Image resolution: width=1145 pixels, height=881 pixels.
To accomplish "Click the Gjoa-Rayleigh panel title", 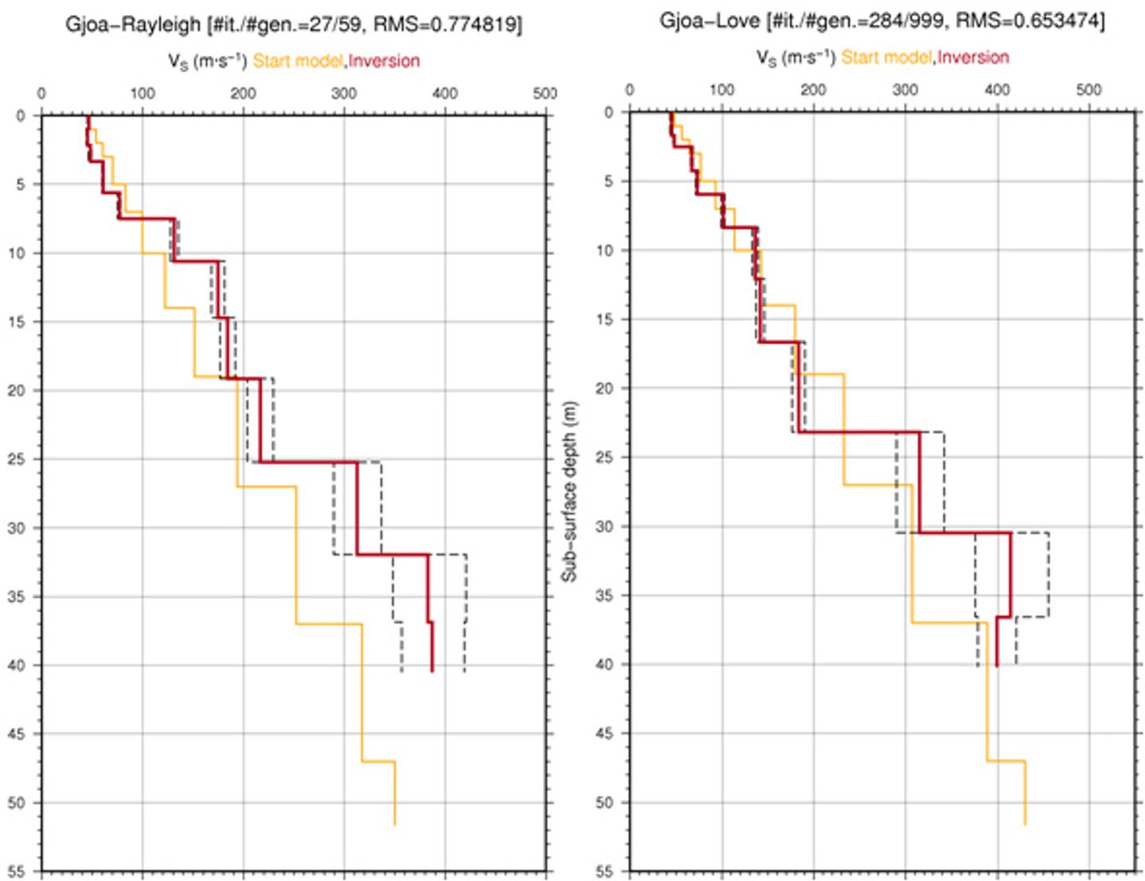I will (293, 25).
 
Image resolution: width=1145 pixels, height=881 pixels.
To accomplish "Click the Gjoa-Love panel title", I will (882, 21).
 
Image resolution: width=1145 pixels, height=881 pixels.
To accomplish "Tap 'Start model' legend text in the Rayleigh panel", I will (298, 60).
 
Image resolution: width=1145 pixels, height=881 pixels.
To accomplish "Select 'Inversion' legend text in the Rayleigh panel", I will (384, 60).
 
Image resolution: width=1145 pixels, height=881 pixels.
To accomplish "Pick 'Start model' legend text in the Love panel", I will (887, 57).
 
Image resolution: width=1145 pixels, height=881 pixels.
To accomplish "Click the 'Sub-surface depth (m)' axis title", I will (569, 491).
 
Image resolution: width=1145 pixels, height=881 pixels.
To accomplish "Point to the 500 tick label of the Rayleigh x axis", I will (545, 93).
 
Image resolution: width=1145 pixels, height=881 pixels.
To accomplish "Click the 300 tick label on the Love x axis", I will (905, 90).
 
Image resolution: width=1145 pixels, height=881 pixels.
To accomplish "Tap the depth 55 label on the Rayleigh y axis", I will (17, 872).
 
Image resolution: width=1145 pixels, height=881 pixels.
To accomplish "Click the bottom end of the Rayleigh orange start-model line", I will (394, 825).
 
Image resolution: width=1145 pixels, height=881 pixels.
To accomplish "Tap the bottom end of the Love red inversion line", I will (996, 666).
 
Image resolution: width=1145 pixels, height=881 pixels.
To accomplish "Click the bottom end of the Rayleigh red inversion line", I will (433, 671).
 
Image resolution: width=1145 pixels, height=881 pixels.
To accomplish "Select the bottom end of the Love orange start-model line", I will (1025, 825).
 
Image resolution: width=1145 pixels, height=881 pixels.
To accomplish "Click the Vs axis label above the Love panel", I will (796, 57).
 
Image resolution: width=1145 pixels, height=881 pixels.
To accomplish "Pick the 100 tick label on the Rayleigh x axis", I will (142, 93).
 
